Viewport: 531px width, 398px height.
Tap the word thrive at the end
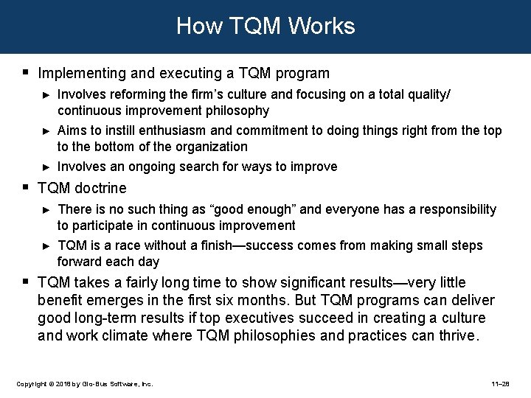tap(459, 336)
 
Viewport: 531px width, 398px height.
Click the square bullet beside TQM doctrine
tap(26, 188)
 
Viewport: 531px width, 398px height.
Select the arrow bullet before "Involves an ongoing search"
tap(46, 167)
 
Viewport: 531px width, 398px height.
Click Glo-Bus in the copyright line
tap(95, 385)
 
